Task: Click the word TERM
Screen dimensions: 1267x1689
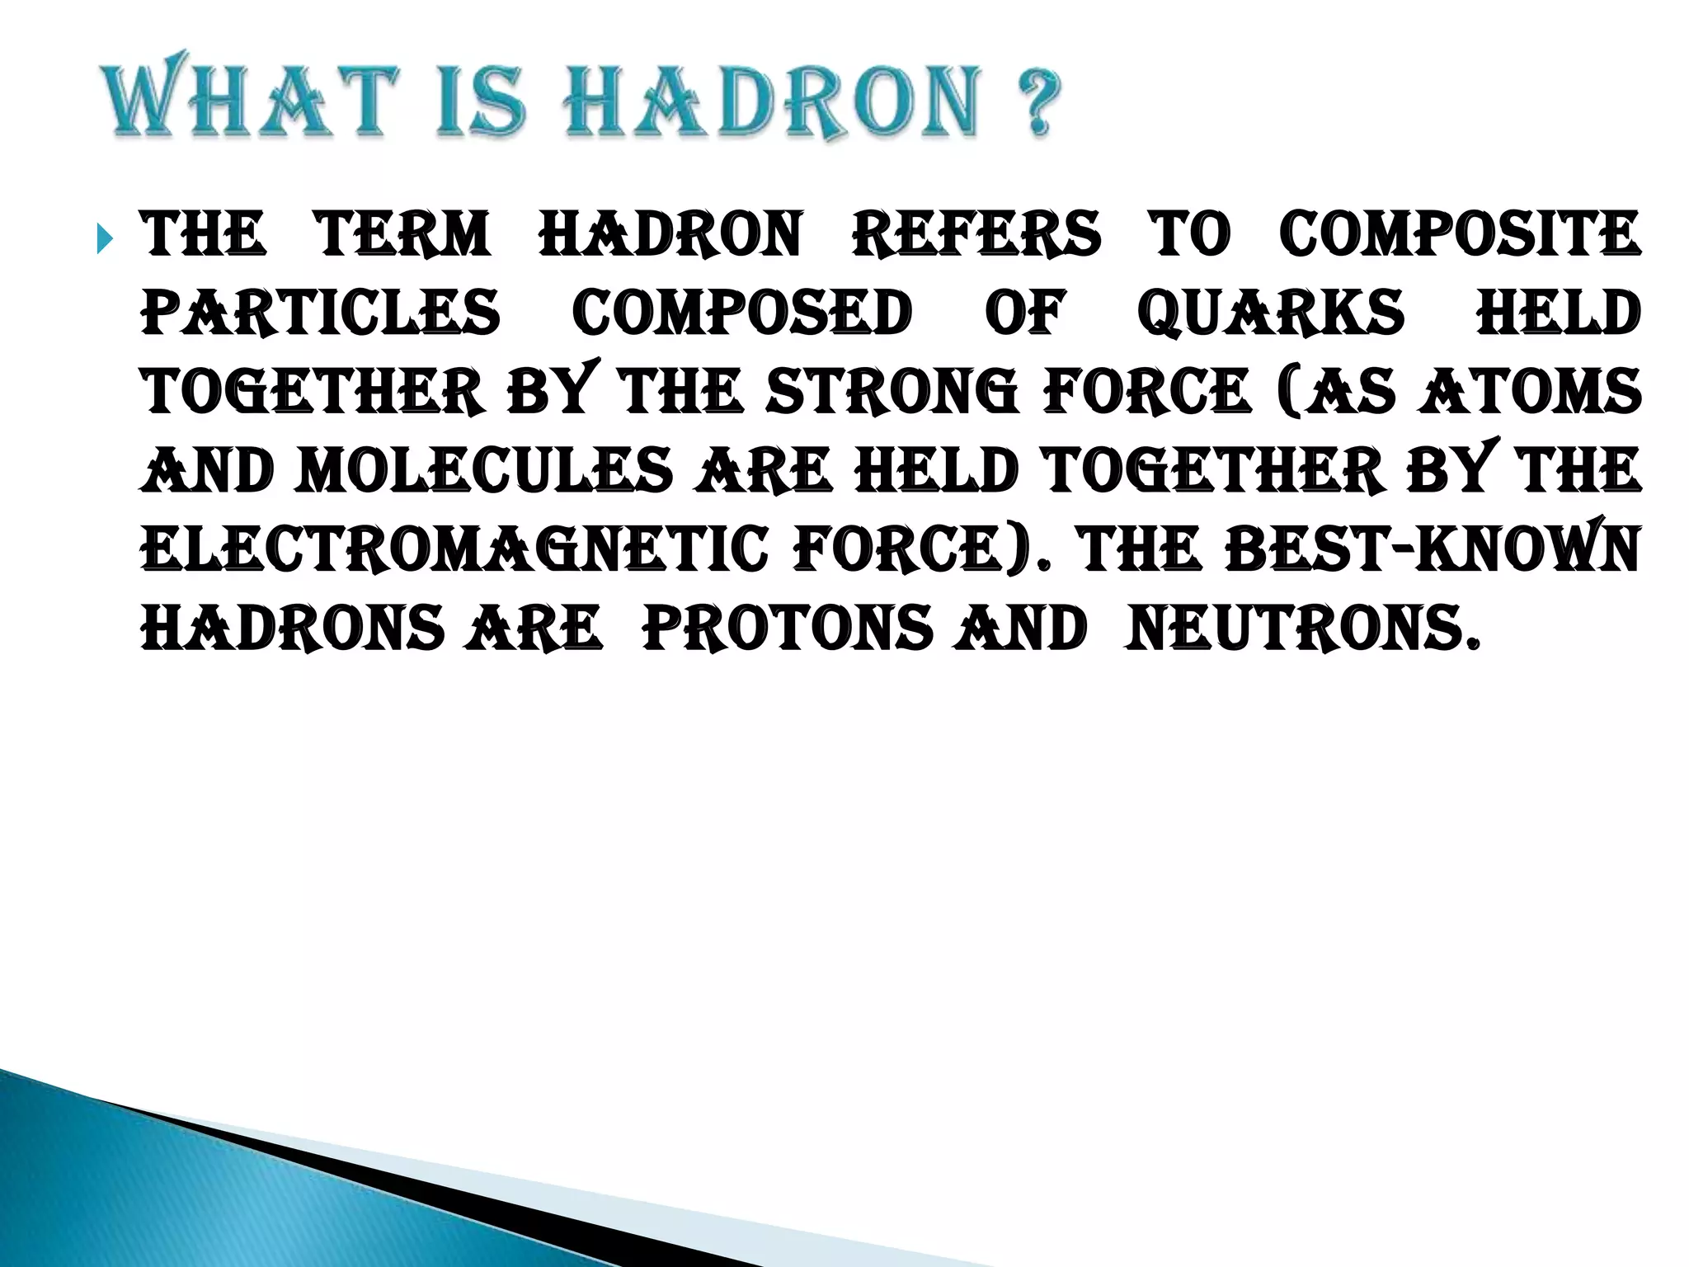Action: click(x=403, y=235)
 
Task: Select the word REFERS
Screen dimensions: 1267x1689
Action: click(x=976, y=235)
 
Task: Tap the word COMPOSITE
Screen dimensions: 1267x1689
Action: click(x=1459, y=235)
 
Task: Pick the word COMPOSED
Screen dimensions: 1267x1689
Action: click(x=742, y=313)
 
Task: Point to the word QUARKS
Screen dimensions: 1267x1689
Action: click(x=1270, y=313)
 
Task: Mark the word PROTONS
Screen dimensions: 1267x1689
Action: click(x=787, y=629)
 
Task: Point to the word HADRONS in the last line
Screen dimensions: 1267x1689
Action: click(x=293, y=629)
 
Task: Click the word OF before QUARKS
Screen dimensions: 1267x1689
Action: click(x=1025, y=313)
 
